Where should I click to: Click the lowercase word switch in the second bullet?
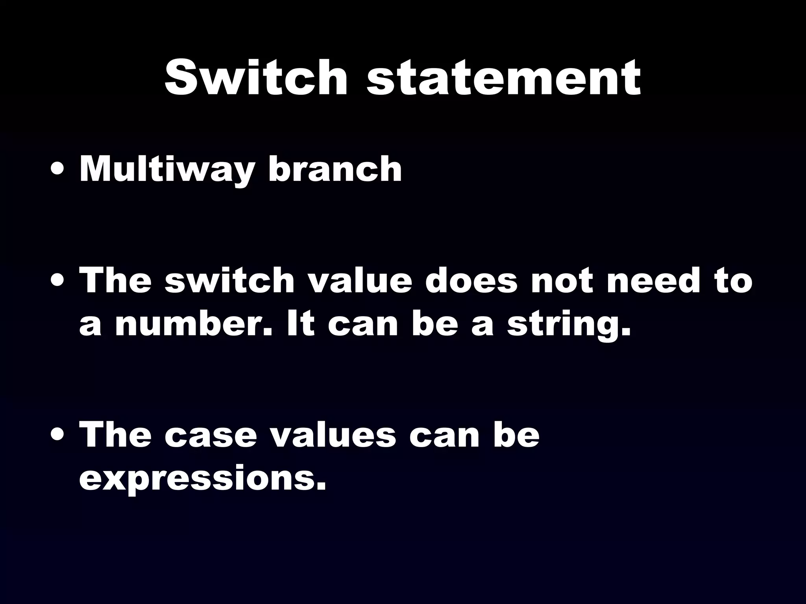coord(229,280)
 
